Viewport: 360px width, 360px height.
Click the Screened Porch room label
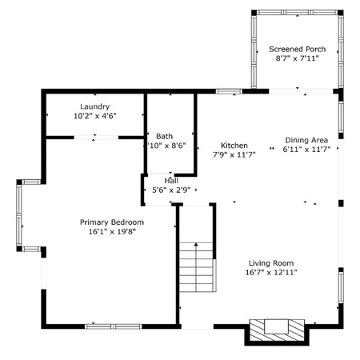coord(297,49)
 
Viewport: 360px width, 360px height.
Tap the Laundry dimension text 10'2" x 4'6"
coord(95,116)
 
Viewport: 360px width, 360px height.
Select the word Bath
coord(164,136)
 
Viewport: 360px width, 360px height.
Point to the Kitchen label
coord(234,146)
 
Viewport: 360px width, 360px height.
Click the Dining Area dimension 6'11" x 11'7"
coord(306,149)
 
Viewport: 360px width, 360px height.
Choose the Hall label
coord(171,181)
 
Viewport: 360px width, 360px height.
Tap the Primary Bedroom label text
coord(112,222)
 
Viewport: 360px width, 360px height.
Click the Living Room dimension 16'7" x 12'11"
coord(271,272)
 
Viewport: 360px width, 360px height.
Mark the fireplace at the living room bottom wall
coord(277,330)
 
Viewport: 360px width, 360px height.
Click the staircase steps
coord(197,266)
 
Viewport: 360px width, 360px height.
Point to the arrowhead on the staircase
coord(196,244)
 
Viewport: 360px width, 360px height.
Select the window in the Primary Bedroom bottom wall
coord(114,326)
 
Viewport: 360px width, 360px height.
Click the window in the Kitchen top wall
coord(229,91)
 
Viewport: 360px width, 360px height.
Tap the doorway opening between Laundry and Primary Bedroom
coord(96,138)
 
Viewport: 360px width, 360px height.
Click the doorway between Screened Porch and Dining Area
coord(301,91)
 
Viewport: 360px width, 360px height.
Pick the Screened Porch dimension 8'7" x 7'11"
coord(297,58)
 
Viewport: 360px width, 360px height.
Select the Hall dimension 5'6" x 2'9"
coord(171,190)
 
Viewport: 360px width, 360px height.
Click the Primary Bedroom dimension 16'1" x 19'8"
coord(112,231)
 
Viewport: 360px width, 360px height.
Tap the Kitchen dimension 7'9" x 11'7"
coord(234,154)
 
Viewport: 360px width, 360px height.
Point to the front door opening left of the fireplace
coord(198,326)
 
